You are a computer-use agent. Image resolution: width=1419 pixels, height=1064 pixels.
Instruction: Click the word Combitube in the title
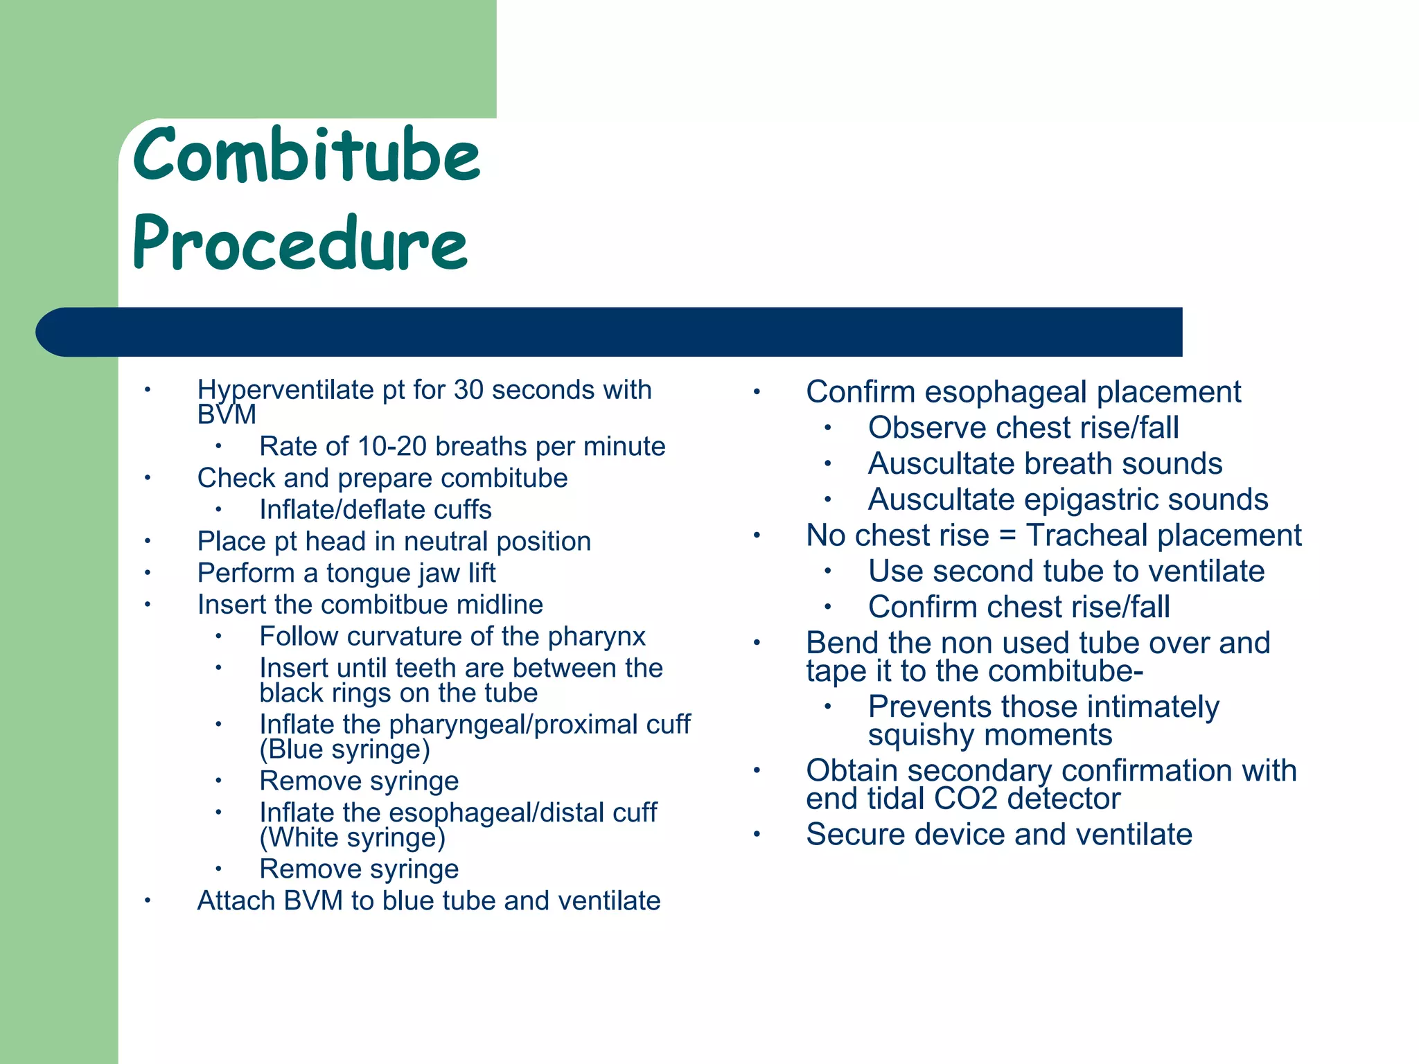click(306, 155)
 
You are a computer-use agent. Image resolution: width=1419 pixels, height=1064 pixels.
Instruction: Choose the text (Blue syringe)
click(344, 750)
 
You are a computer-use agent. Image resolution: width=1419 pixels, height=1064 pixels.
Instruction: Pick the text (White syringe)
click(352, 837)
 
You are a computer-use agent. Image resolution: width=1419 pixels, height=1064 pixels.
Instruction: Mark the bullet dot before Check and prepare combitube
click(148, 478)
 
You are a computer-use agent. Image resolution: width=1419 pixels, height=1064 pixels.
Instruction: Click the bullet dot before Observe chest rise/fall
click(827, 427)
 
